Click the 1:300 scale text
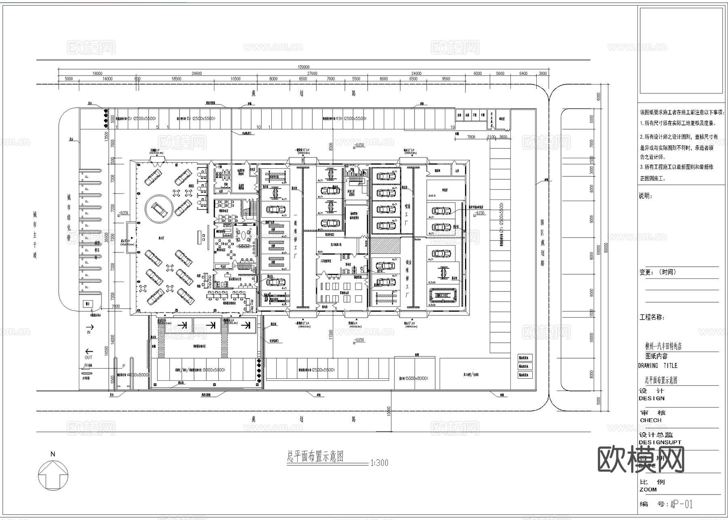(379, 463)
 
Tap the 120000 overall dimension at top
(303, 67)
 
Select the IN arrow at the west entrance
(89, 327)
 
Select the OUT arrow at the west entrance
(89, 352)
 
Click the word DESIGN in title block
(652, 398)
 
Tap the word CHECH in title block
(650, 420)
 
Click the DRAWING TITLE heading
(658, 365)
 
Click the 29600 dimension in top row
(197, 74)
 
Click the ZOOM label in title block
(648, 490)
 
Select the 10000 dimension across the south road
(389, 412)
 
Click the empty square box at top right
(681, 50)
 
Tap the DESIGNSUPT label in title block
(660, 442)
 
